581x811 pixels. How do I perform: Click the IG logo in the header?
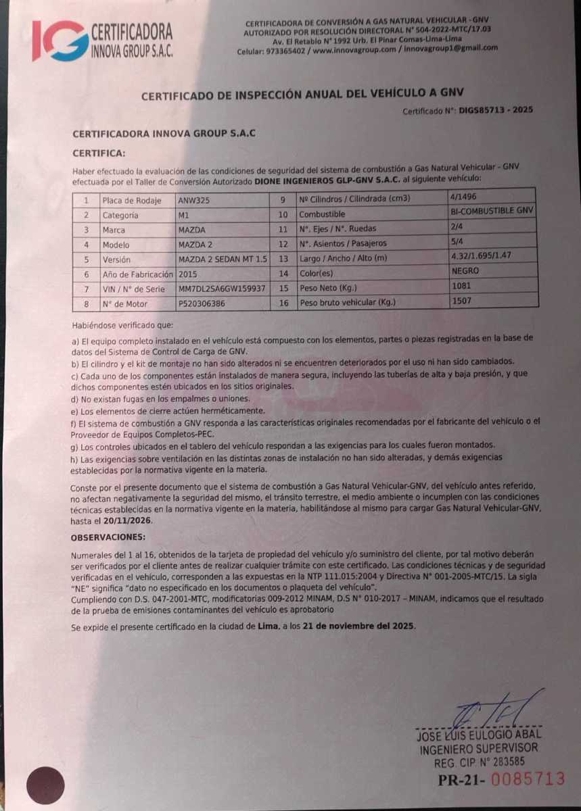coord(60,40)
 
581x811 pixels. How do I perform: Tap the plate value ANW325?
coord(193,200)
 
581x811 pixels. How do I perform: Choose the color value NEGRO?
coord(465,270)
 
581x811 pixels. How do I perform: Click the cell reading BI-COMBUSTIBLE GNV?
coord(492,210)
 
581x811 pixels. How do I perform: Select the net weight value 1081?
coord(461,285)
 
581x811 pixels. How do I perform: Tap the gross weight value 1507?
coord(461,300)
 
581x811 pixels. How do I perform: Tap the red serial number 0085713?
coord(528,779)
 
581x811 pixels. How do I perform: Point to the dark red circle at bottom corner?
coord(45,785)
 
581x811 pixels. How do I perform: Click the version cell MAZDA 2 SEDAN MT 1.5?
coord(221,260)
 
